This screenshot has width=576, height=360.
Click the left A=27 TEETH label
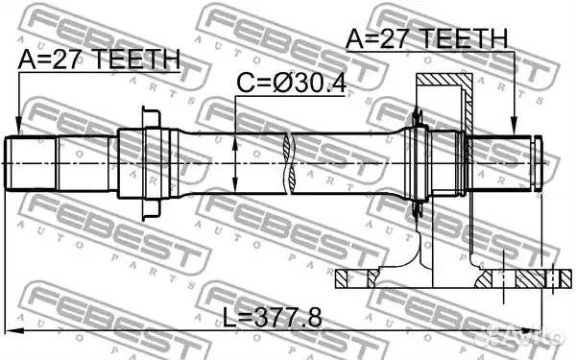click(98, 59)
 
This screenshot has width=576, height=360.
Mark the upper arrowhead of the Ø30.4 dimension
click(236, 139)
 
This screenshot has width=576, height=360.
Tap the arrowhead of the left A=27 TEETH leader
click(19, 131)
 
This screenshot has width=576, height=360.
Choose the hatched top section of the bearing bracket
click(443, 84)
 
